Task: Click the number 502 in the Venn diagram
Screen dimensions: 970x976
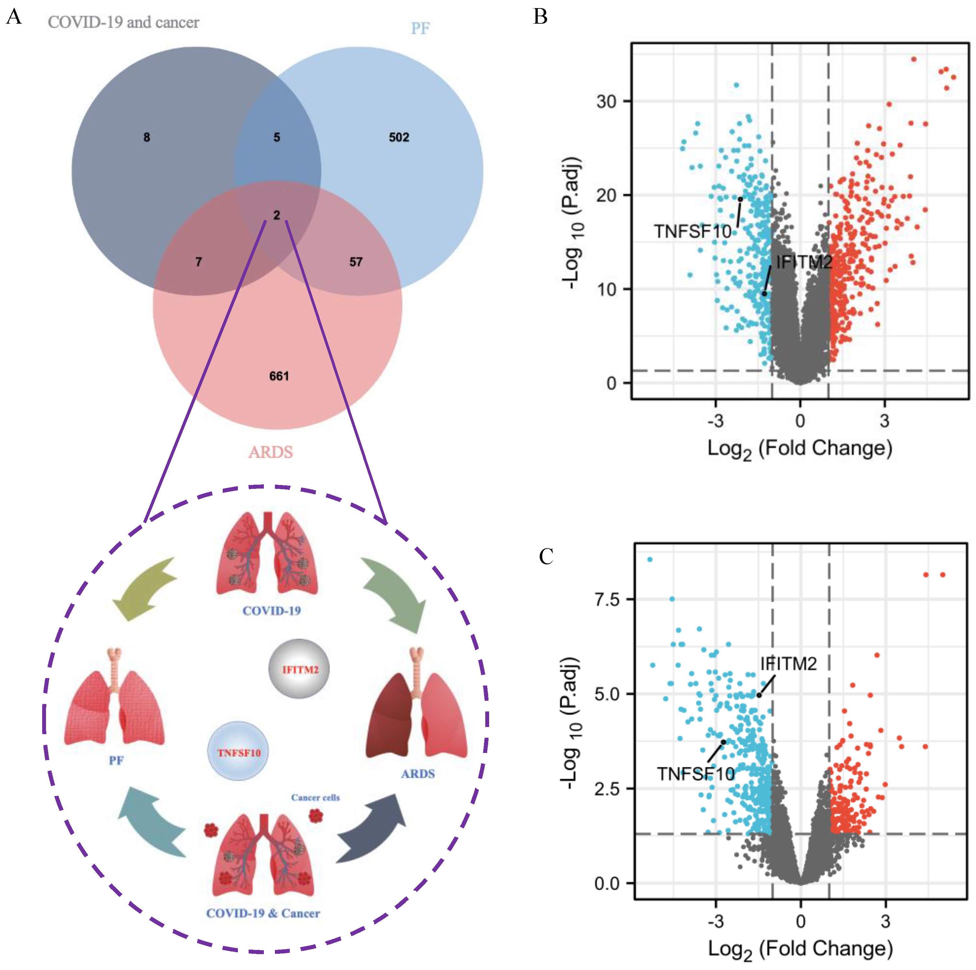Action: click(399, 137)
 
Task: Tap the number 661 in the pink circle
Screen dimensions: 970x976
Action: click(279, 376)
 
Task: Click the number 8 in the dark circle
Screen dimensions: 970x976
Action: click(147, 137)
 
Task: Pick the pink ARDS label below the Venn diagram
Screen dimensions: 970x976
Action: click(270, 452)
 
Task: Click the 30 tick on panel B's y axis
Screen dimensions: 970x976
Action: click(606, 101)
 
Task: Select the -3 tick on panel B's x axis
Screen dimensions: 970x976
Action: click(715, 421)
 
